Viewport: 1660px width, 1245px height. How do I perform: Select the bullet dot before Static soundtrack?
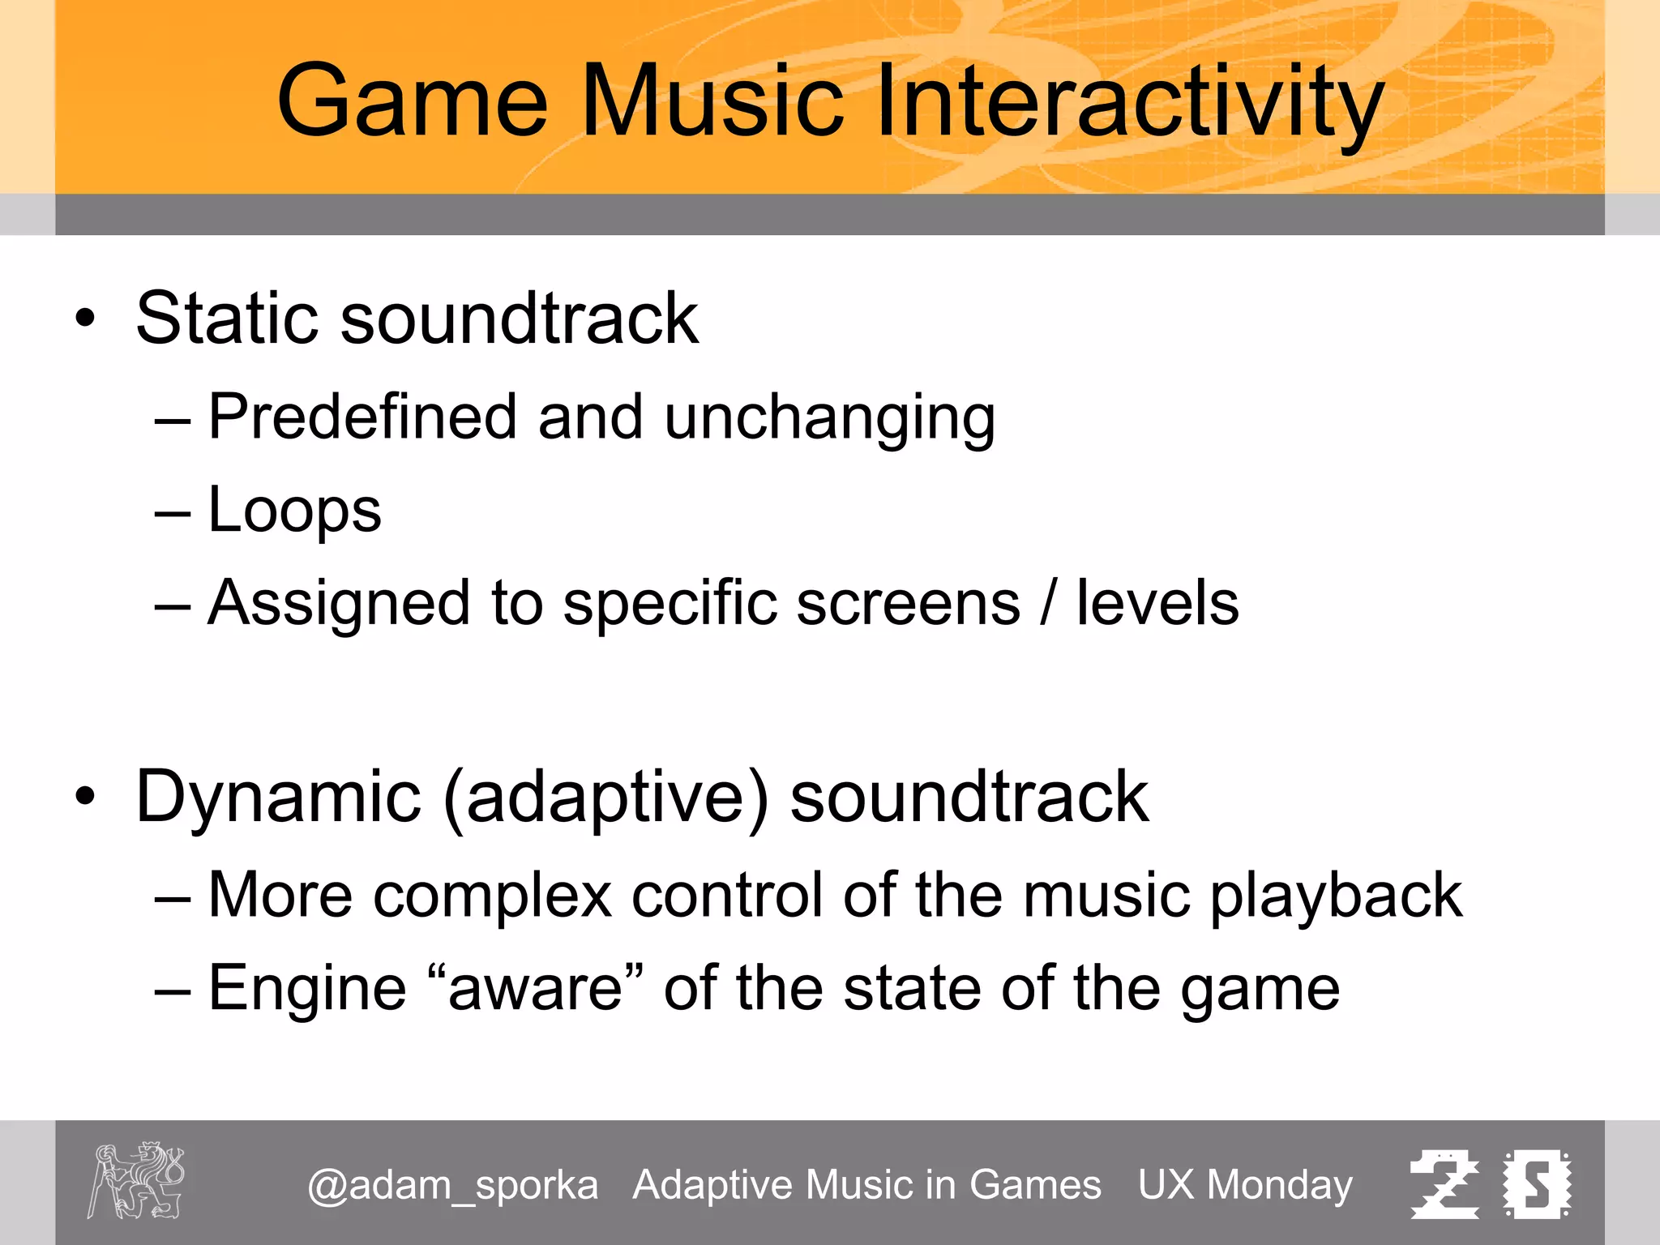85,319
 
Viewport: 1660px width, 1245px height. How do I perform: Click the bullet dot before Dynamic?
85,798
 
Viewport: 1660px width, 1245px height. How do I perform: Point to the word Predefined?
362,417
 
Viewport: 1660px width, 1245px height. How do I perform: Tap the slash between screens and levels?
1049,603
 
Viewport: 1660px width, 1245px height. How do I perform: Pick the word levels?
1157,603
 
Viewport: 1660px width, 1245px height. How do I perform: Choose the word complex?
492,896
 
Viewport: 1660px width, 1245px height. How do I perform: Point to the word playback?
1336,896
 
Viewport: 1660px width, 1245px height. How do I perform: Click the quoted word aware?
535,989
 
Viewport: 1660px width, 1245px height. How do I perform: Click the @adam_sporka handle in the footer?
452,1185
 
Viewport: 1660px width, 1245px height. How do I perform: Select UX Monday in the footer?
1245,1185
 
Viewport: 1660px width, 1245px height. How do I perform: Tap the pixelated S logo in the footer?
1537,1184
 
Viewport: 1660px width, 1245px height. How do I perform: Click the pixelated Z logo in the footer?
1444,1184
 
